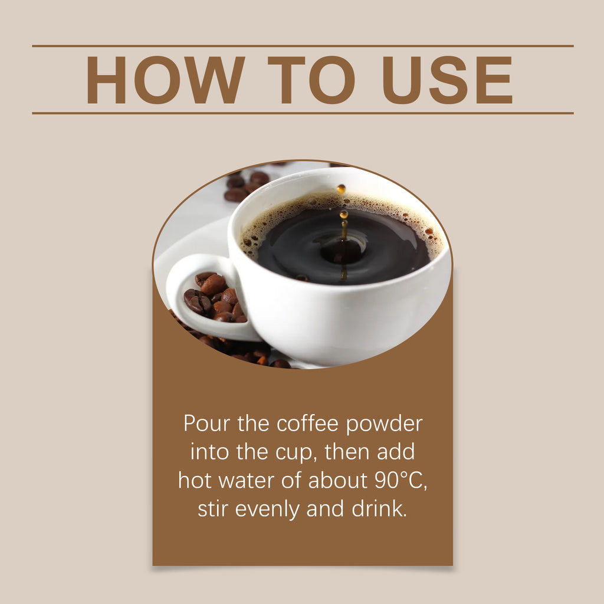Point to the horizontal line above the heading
302,45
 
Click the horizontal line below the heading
302,113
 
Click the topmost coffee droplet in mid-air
341,189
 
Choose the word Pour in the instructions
204,424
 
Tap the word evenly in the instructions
268,510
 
